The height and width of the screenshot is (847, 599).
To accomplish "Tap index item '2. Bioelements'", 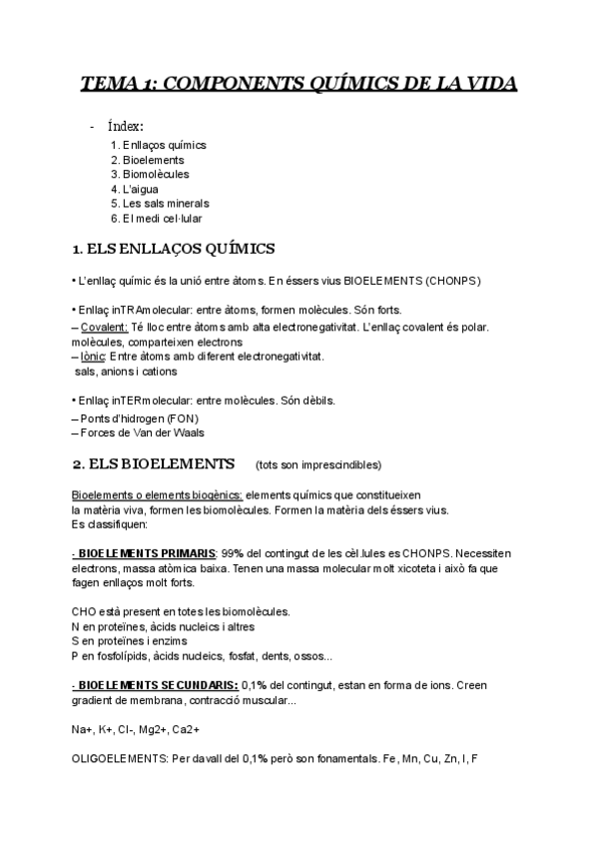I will (148, 160).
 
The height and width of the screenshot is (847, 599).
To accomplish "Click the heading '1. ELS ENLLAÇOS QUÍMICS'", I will (175, 248).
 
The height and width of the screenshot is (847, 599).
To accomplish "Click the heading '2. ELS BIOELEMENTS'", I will (154, 464).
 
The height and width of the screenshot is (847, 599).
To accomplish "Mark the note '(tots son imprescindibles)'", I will (317, 465).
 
